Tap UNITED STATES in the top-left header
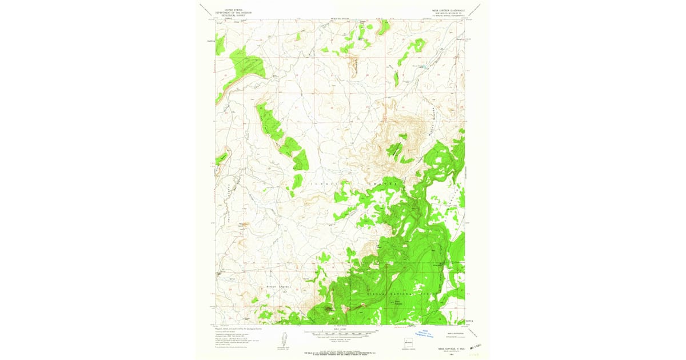point(233,10)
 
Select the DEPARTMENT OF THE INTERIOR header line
point(233,13)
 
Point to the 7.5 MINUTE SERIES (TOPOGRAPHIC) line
point(448,15)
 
